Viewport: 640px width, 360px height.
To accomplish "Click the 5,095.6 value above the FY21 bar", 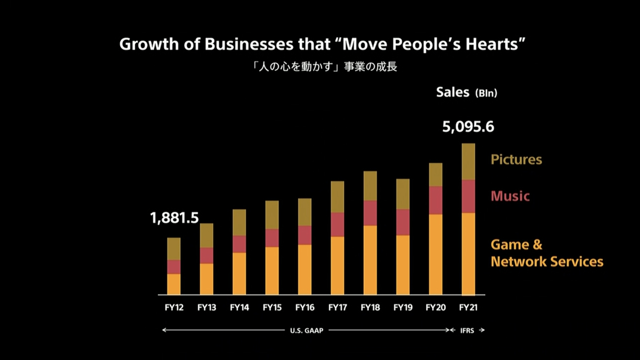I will [468, 127].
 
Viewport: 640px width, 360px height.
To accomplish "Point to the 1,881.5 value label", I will [174, 218].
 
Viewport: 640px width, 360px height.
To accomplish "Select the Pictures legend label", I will [516, 159].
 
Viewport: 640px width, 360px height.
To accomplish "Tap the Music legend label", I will [510, 196].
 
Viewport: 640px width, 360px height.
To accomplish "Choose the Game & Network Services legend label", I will [547, 253].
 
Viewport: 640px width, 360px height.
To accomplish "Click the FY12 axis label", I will [174, 307].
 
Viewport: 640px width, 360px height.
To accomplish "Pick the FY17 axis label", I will [338, 307].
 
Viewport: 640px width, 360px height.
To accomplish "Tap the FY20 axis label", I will [435, 307].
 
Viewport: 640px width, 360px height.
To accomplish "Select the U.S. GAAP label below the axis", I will [307, 330].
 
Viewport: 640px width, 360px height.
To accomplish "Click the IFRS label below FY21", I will [467, 330].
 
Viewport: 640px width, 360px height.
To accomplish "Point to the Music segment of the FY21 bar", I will [468, 196].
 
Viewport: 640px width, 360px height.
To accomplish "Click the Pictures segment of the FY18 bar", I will [370, 186].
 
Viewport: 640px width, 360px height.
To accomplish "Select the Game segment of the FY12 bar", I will [174, 284].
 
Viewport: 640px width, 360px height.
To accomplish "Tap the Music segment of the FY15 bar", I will [272, 238].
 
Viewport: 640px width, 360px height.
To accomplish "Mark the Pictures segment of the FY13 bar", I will [206, 236].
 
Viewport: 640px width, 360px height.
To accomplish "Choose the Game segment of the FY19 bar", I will [403, 265].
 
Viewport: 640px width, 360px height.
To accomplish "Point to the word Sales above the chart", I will [453, 92].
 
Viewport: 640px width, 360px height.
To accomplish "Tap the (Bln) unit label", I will [486, 93].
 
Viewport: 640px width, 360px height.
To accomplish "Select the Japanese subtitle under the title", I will [324, 67].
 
